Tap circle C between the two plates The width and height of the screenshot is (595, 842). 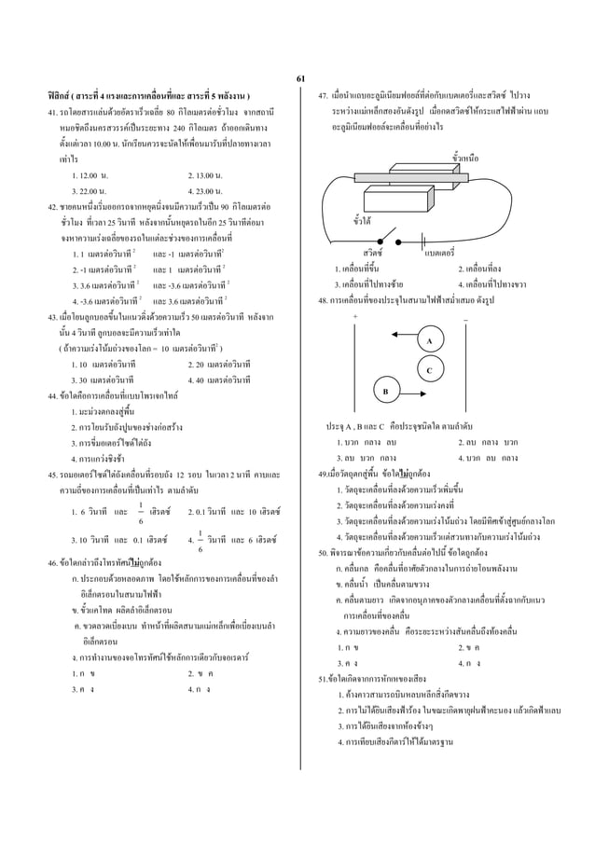point(429,369)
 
